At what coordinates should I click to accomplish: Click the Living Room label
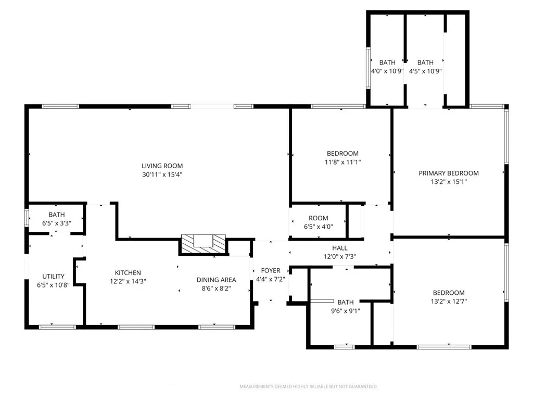pyautogui.click(x=162, y=166)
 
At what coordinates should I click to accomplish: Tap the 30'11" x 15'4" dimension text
pyautogui.click(x=162, y=174)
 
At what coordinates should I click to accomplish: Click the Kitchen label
pyautogui.click(x=128, y=273)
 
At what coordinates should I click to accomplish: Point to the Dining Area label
pyautogui.click(x=216, y=280)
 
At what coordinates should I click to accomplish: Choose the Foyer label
pyautogui.click(x=271, y=271)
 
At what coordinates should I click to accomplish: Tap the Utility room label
pyautogui.click(x=54, y=277)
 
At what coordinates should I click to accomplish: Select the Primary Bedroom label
pyautogui.click(x=449, y=173)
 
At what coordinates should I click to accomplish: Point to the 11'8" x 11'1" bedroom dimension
pyautogui.click(x=342, y=162)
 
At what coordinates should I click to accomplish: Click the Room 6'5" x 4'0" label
pyautogui.click(x=319, y=218)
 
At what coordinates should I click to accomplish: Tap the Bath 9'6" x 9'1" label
pyautogui.click(x=345, y=302)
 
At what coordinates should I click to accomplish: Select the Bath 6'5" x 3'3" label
pyautogui.click(x=57, y=215)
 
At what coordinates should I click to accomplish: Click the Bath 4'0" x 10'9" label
pyautogui.click(x=387, y=63)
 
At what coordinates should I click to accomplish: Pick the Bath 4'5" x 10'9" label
pyautogui.click(x=425, y=63)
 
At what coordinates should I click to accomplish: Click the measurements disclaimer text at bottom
pyautogui.click(x=308, y=386)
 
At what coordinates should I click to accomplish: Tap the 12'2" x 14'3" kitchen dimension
pyautogui.click(x=128, y=281)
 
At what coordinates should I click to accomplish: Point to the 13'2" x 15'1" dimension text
pyautogui.click(x=449, y=182)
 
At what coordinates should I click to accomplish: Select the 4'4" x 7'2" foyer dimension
pyautogui.click(x=271, y=279)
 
